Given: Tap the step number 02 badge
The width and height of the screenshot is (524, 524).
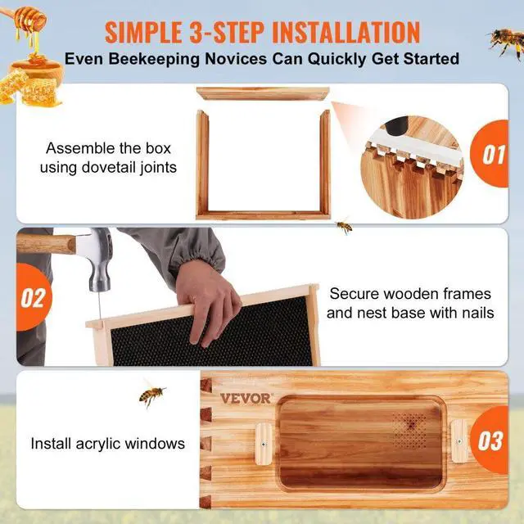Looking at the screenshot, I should pyautogui.click(x=32, y=297).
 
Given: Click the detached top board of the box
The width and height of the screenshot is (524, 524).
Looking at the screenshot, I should pyautogui.click(x=263, y=94).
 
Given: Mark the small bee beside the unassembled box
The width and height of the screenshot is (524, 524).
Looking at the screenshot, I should pyautogui.click(x=344, y=226).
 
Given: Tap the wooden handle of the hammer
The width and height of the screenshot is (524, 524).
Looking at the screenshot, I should pyautogui.click(x=45, y=243).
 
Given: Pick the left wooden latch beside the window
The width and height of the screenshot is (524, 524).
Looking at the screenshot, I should pyautogui.click(x=264, y=443).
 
